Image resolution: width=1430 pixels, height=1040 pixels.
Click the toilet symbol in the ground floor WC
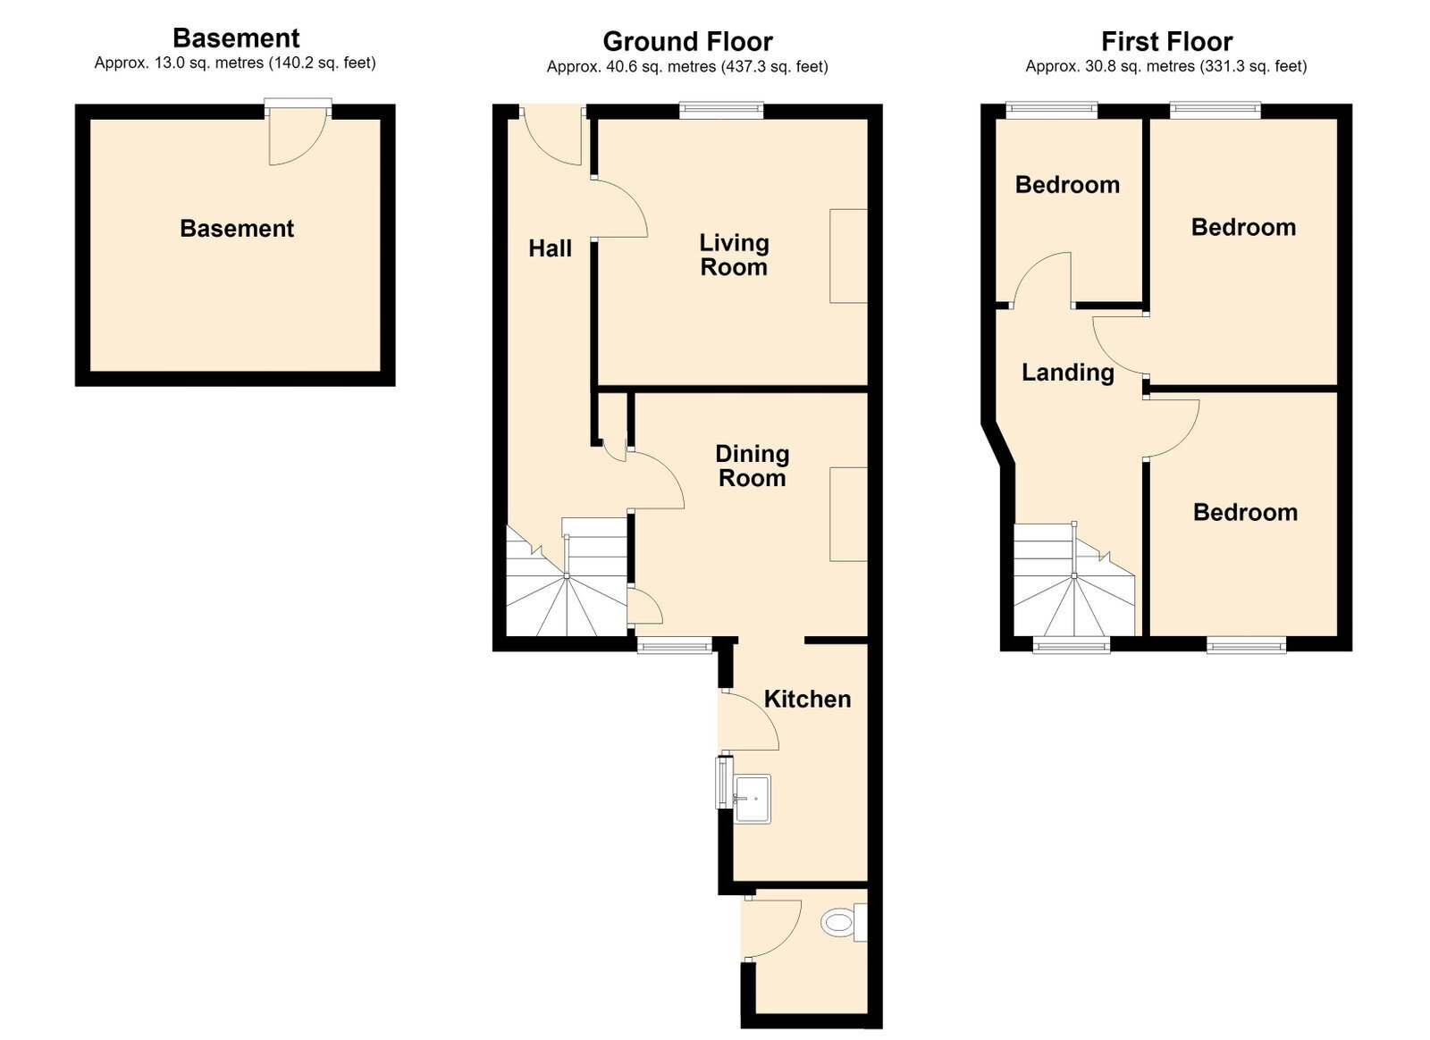[844, 923]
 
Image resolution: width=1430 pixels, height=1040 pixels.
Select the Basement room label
[237, 229]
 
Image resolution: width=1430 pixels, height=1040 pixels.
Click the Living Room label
[734, 255]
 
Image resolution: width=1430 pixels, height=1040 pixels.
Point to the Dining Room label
[752, 465]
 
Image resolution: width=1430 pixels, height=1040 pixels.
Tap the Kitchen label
[808, 700]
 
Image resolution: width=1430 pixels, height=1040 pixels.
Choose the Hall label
[550, 248]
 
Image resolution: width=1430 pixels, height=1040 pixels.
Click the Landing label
[1068, 373]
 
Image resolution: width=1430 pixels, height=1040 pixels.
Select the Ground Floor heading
[687, 41]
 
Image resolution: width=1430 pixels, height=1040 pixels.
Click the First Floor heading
[1166, 41]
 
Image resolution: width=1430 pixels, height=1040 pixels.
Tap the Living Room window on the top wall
[721, 110]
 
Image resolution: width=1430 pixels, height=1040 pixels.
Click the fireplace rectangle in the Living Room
[848, 256]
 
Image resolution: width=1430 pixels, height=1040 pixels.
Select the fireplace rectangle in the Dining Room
[848, 515]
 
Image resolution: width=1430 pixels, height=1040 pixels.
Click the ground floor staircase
[567, 577]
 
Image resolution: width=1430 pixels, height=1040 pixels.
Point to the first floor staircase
[1074, 579]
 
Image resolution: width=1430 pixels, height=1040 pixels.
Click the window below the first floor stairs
[1072, 646]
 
